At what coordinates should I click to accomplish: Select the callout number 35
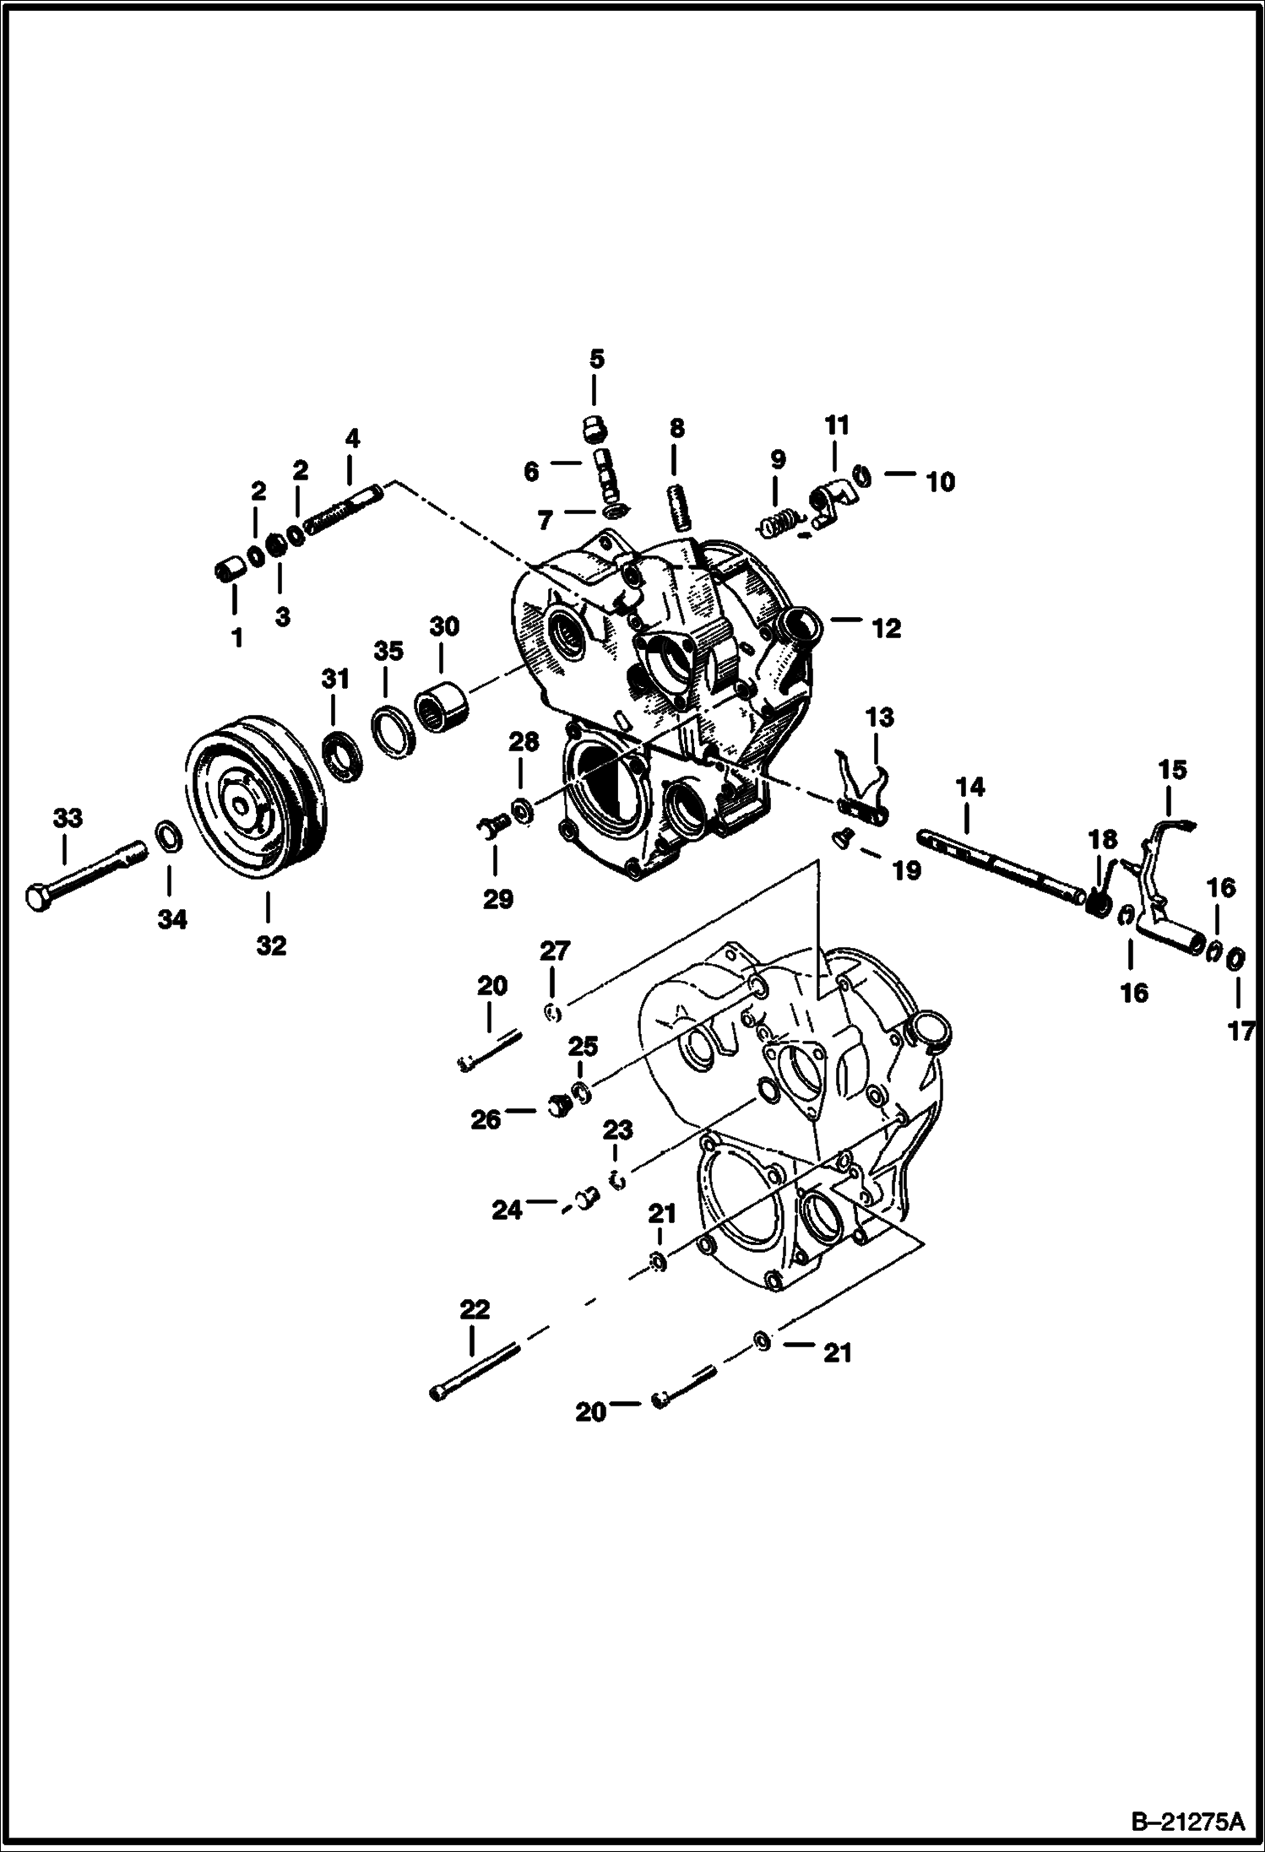[388, 651]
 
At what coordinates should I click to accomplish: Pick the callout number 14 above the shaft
[970, 788]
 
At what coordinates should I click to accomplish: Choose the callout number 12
[888, 628]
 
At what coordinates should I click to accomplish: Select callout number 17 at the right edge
[1241, 1032]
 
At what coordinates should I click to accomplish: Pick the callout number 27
[555, 951]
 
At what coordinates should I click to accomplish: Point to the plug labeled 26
[559, 1106]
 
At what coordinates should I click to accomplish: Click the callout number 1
[237, 636]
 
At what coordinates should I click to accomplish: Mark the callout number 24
[508, 1210]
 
